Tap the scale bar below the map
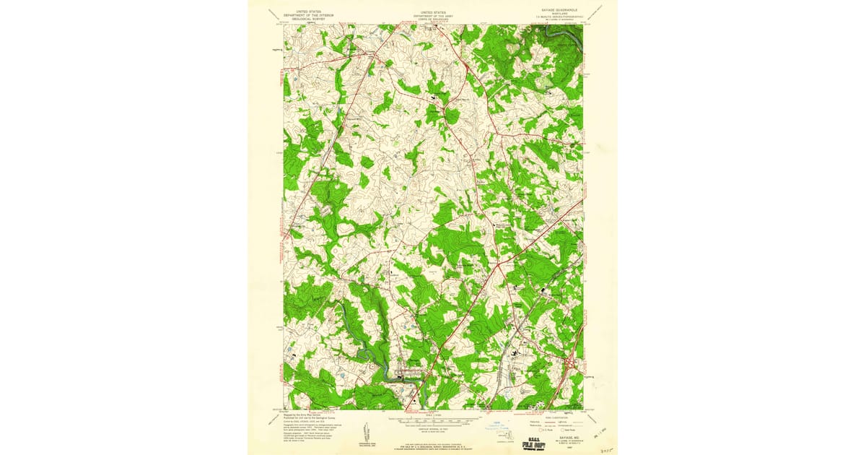(433, 418)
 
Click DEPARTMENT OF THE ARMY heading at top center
(433, 15)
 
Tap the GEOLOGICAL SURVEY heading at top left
(302, 19)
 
